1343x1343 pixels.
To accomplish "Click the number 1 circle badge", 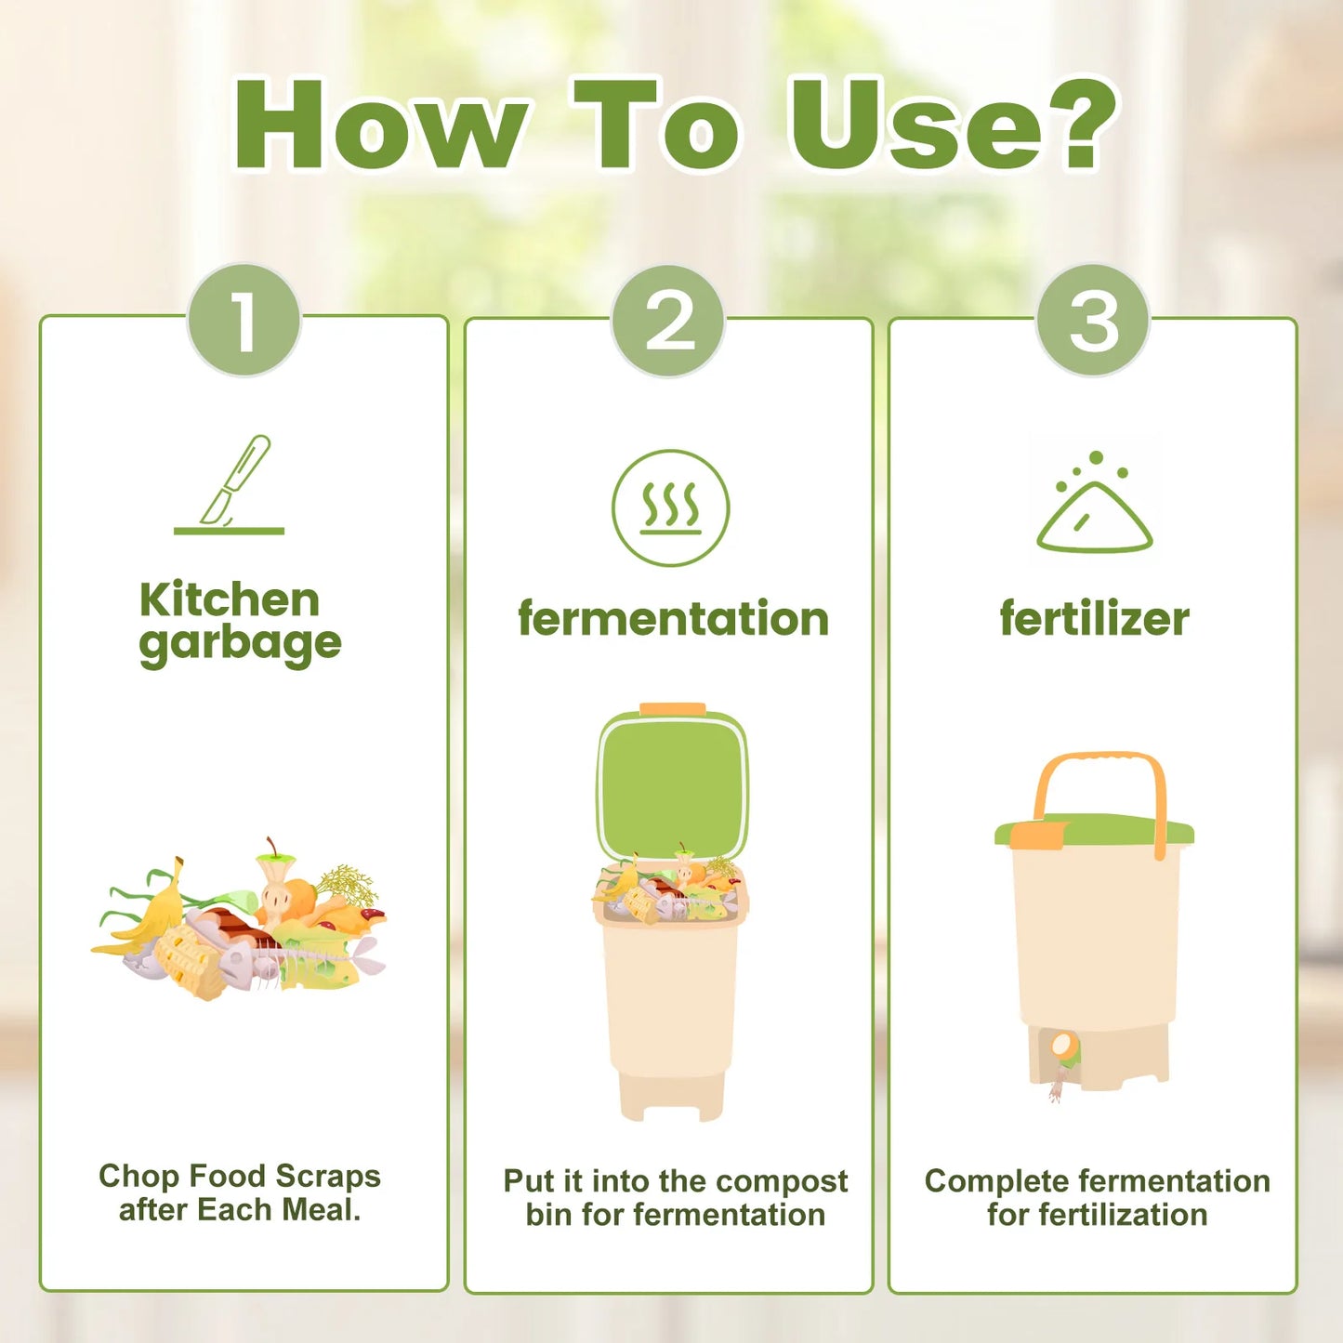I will pyautogui.click(x=244, y=321).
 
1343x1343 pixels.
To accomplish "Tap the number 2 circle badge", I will pyautogui.click(x=668, y=321).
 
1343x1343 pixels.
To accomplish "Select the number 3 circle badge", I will pyautogui.click(x=1093, y=321).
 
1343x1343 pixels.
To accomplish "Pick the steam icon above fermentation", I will pyautogui.click(x=670, y=507).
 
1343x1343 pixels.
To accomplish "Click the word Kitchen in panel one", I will pyautogui.click(x=230, y=599).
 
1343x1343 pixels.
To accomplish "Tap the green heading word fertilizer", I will pyautogui.click(x=1094, y=619).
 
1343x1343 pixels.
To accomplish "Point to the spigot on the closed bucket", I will pyautogui.click(x=1062, y=1050).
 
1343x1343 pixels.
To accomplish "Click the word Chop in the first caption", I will pyautogui.click(x=139, y=1177).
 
